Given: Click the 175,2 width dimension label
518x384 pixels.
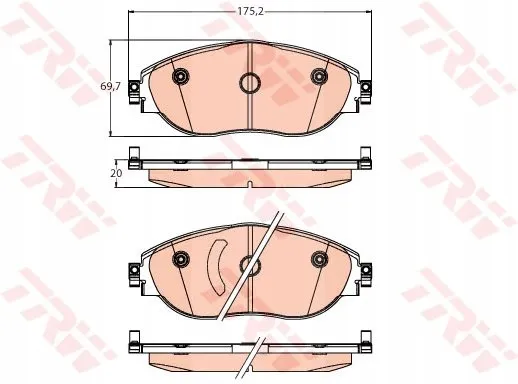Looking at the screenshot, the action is tap(250, 12).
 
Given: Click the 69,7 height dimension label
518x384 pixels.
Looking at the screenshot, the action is tap(111, 86).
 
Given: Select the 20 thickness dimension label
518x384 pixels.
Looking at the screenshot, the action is tap(118, 173).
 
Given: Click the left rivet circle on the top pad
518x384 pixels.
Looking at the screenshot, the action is tap(181, 76).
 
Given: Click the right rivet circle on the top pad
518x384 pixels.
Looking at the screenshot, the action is tap(319, 76).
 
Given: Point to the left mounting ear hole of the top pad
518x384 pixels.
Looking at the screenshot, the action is tap(134, 87).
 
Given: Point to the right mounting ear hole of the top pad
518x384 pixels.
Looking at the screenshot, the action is tap(366, 87).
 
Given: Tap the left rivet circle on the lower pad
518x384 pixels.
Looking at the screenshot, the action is tap(181, 259).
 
